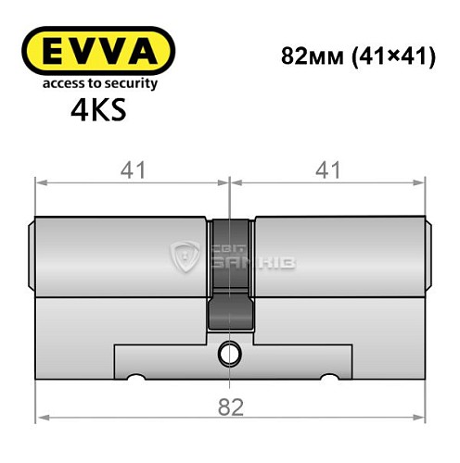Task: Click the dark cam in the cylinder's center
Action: (229, 278)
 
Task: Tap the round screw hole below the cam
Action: (229, 352)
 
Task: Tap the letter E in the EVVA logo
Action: (54, 49)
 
